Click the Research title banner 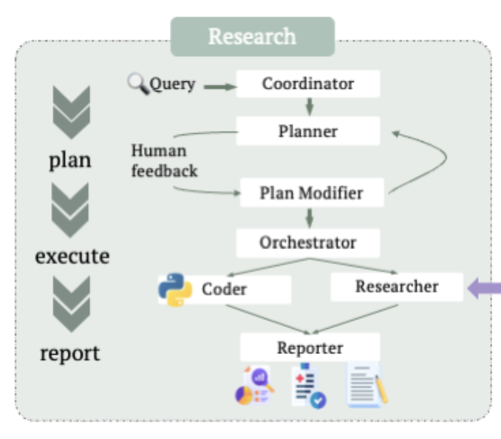click(x=252, y=36)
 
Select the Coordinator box click(x=308, y=84)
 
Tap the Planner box click(x=308, y=132)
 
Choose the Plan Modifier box click(x=311, y=194)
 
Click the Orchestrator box click(x=308, y=242)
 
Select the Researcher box click(x=396, y=287)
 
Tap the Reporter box click(x=310, y=347)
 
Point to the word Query click(x=173, y=84)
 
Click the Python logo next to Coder click(x=175, y=290)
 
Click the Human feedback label click(x=164, y=160)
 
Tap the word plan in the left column click(x=70, y=160)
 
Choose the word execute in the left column click(x=72, y=256)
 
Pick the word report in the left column click(x=70, y=353)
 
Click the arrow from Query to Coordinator click(x=219, y=87)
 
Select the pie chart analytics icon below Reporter click(x=254, y=386)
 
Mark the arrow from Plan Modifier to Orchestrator click(x=310, y=217)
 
